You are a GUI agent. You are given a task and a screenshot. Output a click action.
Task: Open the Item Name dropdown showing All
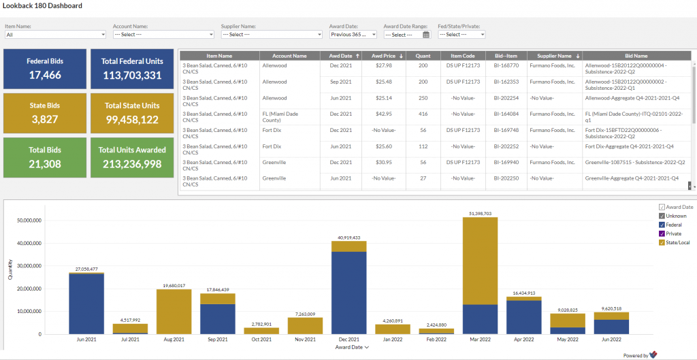[x=56, y=34]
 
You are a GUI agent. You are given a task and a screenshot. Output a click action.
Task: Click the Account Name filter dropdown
[x=163, y=34]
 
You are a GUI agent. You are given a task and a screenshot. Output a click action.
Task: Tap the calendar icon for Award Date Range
[x=426, y=34]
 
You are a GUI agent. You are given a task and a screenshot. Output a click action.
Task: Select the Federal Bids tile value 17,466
[x=45, y=75]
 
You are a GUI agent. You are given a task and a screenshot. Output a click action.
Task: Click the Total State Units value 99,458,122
[x=132, y=119]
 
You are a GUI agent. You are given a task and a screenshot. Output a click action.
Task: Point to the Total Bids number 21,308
[x=45, y=164]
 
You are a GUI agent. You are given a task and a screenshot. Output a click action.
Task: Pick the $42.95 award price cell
[x=383, y=114]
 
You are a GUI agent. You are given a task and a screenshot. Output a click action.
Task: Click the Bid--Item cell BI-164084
[x=506, y=114]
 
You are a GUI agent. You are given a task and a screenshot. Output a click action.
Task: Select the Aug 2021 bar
[x=174, y=312]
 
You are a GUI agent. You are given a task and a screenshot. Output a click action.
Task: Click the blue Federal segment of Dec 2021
[x=349, y=293]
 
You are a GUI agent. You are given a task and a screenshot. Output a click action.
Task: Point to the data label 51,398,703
[x=480, y=214]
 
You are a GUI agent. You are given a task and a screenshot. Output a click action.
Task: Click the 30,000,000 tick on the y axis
[x=29, y=266]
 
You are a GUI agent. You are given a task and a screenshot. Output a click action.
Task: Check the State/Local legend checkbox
[x=662, y=242]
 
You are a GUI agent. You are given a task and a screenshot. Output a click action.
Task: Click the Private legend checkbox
[x=662, y=233]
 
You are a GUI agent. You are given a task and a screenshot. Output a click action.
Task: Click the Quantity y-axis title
[x=10, y=269]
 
